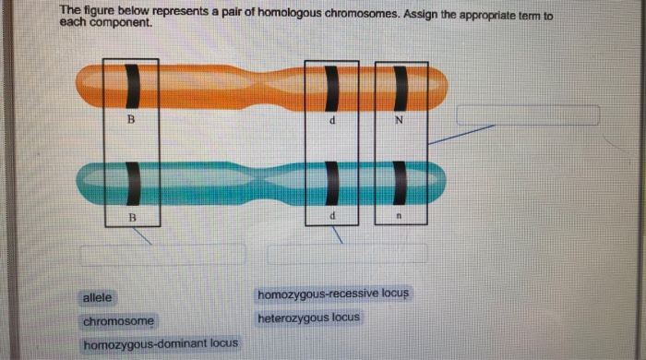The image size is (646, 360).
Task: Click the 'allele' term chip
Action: pyautogui.click(x=97, y=297)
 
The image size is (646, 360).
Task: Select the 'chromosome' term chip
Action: pyautogui.click(x=118, y=321)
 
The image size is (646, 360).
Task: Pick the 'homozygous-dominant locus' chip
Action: pyautogui.click(x=161, y=343)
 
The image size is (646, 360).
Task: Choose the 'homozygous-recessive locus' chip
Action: pyautogui.click(x=333, y=294)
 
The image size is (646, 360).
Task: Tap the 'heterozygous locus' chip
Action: pyautogui.click(x=308, y=318)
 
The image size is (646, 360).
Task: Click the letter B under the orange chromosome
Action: pyautogui.click(x=131, y=119)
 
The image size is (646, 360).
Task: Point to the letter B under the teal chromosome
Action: pyautogui.click(x=132, y=218)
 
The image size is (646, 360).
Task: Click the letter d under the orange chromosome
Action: pyautogui.click(x=332, y=120)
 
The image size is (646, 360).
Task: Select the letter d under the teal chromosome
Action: pyautogui.click(x=332, y=215)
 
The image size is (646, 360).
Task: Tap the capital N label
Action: pyautogui.click(x=399, y=120)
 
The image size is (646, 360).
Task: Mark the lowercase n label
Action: pyautogui.click(x=399, y=215)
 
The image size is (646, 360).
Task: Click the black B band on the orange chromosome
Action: pyautogui.click(x=132, y=86)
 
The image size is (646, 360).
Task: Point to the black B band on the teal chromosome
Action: pyautogui.click(x=133, y=184)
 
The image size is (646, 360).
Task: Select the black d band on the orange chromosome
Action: pyautogui.click(x=332, y=88)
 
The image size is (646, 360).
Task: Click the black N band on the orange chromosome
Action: pyautogui.click(x=401, y=88)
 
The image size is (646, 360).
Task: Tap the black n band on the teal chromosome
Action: pyautogui.click(x=400, y=183)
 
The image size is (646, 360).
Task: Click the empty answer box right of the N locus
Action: pyautogui.click(x=528, y=114)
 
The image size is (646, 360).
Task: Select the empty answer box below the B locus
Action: pyautogui.click(x=162, y=255)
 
